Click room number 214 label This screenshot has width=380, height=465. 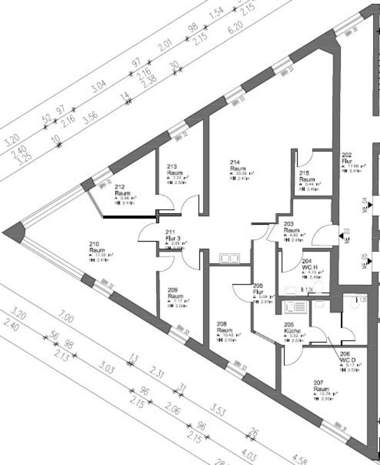pyautogui.click(x=235, y=163)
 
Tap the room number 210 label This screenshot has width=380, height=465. pyautogui.click(x=94, y=244)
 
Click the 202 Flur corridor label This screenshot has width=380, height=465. pyautogui.click(x=347, y=158)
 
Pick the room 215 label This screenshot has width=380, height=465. pyautogui.click(x=304, y=173)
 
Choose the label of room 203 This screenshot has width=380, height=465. pyautogui.click(x=289, y=224)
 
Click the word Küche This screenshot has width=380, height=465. pyautogui.click(x=293, y=331)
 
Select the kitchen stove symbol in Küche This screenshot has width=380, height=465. pyautogui.click(x=294, y=307)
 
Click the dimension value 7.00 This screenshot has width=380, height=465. pyautogui.click(x=66, y=318)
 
